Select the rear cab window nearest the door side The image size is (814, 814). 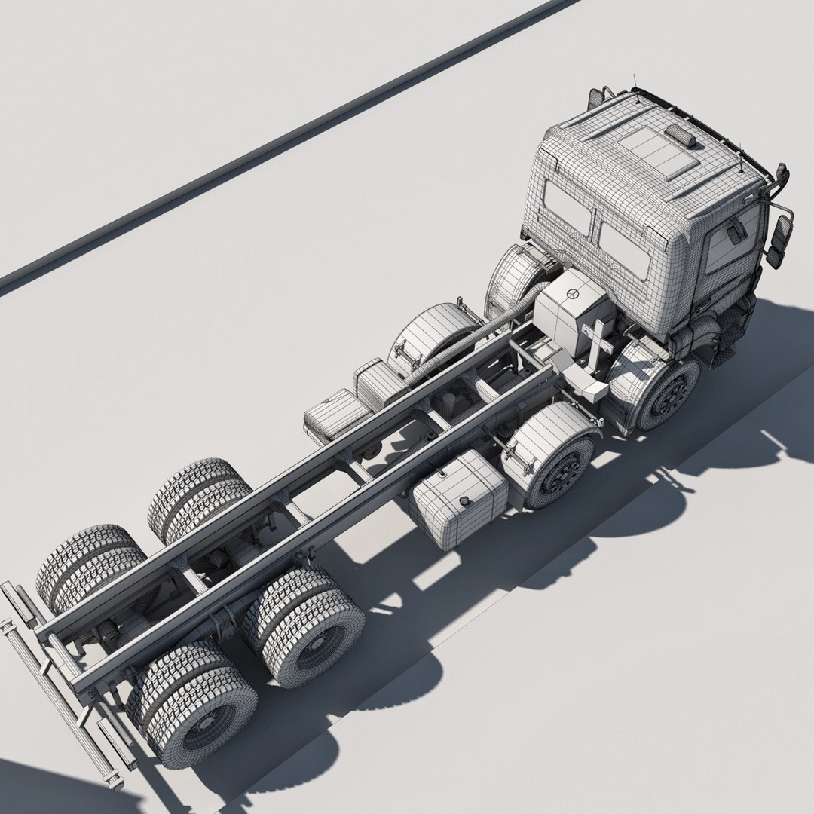pos(625,249)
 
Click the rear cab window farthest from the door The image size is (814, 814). pos(568,207)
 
